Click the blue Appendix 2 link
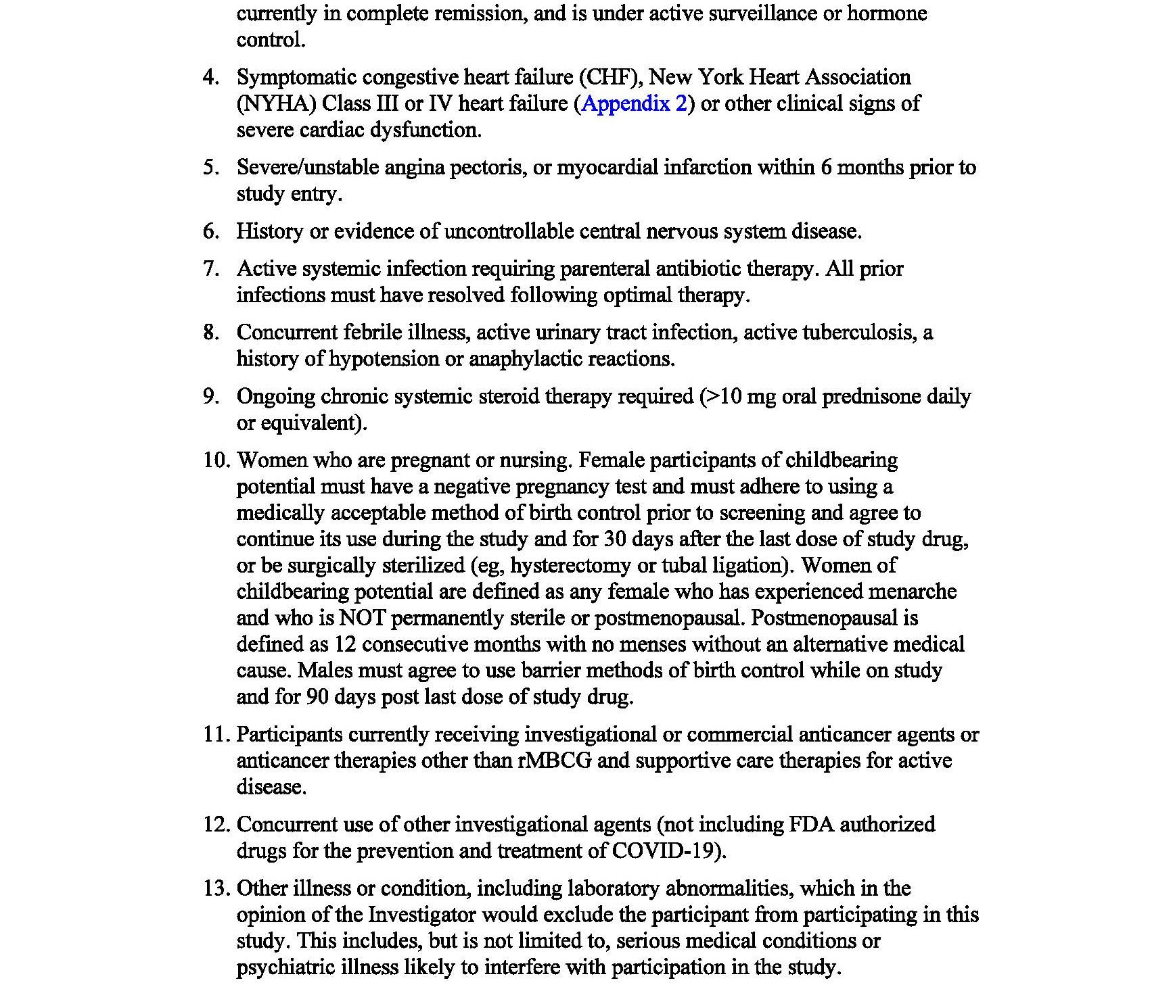(634, 103)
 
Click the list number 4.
(210, 77)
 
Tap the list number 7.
(210, 269)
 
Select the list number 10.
(216, 460)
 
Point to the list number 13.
(216, 888)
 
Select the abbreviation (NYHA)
(276, 103)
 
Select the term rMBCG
(555, 761)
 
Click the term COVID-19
(662, 850)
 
